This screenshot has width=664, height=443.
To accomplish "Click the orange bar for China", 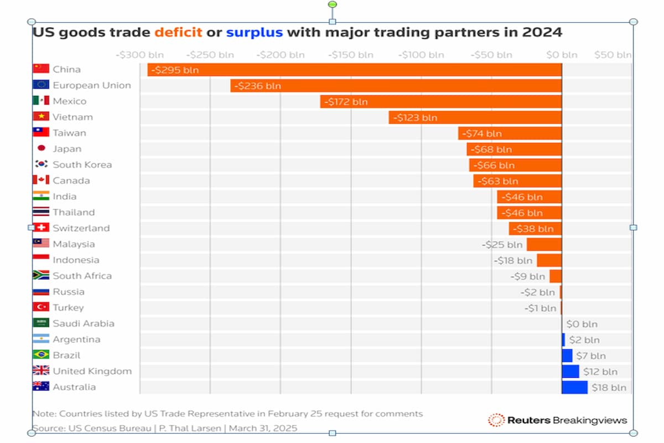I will click(x=354, y=70).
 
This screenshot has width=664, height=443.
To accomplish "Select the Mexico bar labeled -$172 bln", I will click(x=440, y=101).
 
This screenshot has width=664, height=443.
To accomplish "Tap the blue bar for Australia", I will click(x=574, y=387).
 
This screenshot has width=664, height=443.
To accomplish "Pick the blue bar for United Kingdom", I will click(x=570, y=371).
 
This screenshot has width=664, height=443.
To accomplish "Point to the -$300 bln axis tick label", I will click(x=139, y=55).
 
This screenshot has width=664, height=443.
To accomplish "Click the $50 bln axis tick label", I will click(x=613, y=55).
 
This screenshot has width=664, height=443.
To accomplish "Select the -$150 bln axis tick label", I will click(x=350, y=55).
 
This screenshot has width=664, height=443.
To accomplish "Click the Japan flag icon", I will click(x=41, y=148).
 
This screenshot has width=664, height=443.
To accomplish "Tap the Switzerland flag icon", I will click(x=41, y=228).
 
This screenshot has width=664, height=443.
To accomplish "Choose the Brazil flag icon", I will click(x=41, y=355).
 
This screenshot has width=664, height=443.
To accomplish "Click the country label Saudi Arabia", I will click(x=84, y=323).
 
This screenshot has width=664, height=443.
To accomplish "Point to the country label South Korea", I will click(x=82, y=164).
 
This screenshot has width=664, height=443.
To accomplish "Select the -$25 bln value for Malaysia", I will click(x=502, y=244).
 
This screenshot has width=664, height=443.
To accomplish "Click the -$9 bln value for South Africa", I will click(x=527, y=276).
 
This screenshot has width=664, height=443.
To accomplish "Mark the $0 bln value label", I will click(x=582, y=324).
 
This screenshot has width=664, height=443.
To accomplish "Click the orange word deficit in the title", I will click(x=178, y=32).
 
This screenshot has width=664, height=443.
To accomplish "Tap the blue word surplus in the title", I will click(x=255, y=32).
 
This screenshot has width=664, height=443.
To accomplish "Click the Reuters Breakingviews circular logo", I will click(x=496, y=420).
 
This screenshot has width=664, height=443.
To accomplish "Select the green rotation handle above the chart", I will click(x=332, y=4).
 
